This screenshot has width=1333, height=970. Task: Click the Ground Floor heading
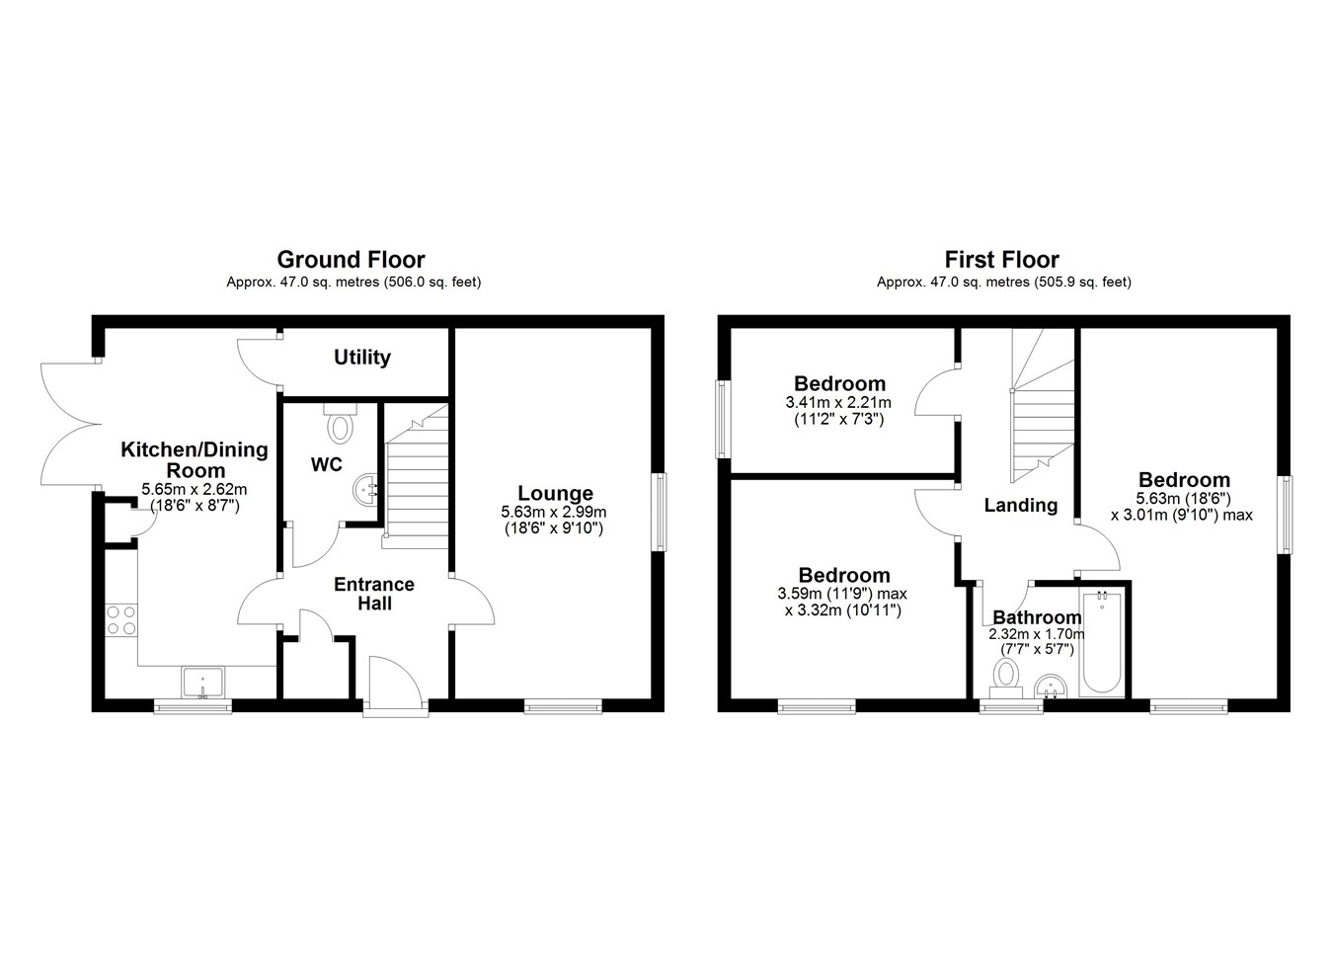click(352, 260)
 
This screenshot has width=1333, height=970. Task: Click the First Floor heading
click(1002, 260)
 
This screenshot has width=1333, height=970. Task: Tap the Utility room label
click(362, 358)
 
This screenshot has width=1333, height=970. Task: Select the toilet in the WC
click(341, 423)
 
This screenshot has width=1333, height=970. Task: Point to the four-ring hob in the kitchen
click(120, 620)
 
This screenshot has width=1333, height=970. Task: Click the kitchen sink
click(203, 683)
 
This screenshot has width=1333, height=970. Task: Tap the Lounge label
click(555, 493)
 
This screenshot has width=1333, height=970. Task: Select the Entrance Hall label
click(374, 594)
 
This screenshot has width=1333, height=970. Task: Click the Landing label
click(1021, 505)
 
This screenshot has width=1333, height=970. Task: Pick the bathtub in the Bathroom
click(1102, 643)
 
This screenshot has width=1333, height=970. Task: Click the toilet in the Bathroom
click(1006, 679)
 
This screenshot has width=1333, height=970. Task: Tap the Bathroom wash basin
click(1052, 686)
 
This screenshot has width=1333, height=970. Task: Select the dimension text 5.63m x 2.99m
click(553, 512)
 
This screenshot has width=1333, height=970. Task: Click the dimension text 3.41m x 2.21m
click(838, 403)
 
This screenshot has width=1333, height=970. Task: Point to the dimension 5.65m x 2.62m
click(194, 490)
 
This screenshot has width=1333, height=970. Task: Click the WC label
click(327, 464)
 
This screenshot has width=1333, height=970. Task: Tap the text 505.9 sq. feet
click(1081, 282)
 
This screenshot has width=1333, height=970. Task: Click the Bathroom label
click(1037, 617)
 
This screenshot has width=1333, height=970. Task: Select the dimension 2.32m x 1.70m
click(1037, 634)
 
